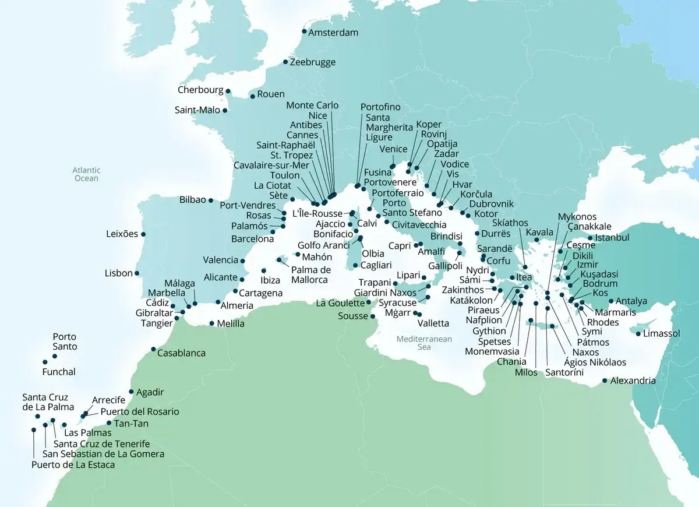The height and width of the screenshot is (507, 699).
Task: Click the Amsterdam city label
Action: click(x=333, y=33)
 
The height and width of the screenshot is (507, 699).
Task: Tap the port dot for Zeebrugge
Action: click(x=285, y=62)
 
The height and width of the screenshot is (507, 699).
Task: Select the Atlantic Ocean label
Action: click(x=86, y=174)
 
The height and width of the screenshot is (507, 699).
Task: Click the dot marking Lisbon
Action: click(x=137, y=273)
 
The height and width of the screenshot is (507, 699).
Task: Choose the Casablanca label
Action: click(x=182, y=353)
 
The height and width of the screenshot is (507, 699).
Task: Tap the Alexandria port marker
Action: click(x=604, y=382)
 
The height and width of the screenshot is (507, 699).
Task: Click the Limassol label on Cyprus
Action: click(x=662, y=334)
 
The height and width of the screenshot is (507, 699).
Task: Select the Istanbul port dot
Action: click(x=590, y=238)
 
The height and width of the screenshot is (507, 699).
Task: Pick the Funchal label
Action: click(x=59, y=372)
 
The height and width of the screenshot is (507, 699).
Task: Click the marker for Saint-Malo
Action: click(x=225, y=110)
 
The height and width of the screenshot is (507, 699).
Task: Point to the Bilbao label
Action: click(x=193, y=200)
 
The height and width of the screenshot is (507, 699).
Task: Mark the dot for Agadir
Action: click(x=131, y=392)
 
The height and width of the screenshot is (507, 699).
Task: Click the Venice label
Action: click(x=393, y=149)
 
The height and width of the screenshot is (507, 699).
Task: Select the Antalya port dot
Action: click(x=610, y=301)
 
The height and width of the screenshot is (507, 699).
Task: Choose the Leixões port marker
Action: click(x=143, y=234)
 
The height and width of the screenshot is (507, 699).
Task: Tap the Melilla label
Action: click(x=231, y=323)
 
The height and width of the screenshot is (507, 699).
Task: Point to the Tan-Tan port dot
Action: click(x=109, y=423)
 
